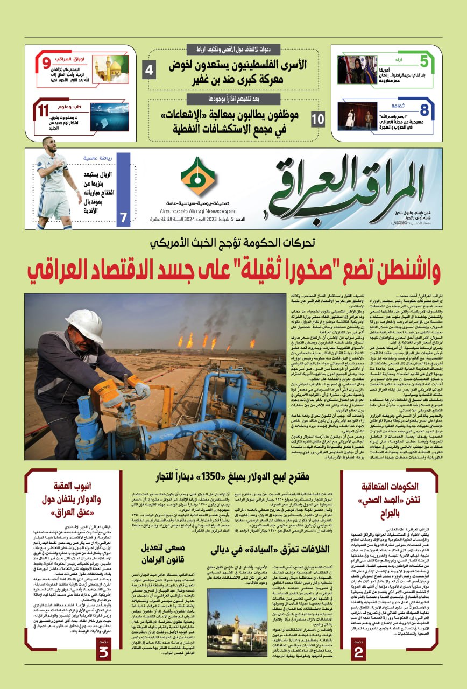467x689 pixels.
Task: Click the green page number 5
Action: point(424,61)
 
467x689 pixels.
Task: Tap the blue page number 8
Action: point(424,110)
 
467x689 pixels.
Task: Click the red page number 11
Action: point(43,112)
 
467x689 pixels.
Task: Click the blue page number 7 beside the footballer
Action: point(124,218)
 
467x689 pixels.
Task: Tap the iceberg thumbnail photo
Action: point(109,117)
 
